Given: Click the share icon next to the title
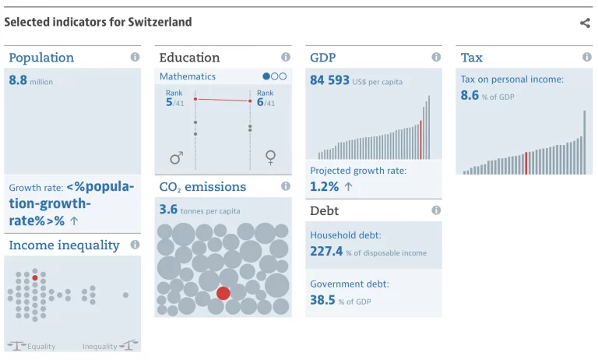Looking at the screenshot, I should pos(585,23).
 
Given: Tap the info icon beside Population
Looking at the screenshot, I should pos(135,57).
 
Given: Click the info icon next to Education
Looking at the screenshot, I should pos(286,57).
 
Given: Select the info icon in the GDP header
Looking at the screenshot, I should pos(436,57).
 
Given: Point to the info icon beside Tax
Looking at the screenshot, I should pos(586,57).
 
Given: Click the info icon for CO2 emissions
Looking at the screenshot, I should pos(286,186).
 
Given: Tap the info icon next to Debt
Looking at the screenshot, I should pos(436,210).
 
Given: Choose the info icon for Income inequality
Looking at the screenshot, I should pos(135,245).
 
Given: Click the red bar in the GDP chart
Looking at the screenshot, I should pos(420,140).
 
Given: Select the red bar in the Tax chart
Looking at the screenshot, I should pos(526,163).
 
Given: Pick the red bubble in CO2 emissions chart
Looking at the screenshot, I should pos(223,293).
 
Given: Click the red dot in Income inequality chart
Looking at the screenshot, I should pos(35,277).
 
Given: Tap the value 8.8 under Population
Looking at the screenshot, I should pos(18,80).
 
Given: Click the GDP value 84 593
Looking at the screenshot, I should pos(329,80).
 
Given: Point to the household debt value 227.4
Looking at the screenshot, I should pos(326,251).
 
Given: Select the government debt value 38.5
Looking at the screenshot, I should pos(322,300).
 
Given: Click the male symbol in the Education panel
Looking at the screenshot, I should pos(176,158).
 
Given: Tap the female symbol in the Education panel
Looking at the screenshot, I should pos(270,158).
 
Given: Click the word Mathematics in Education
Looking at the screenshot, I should pos(188,76).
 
